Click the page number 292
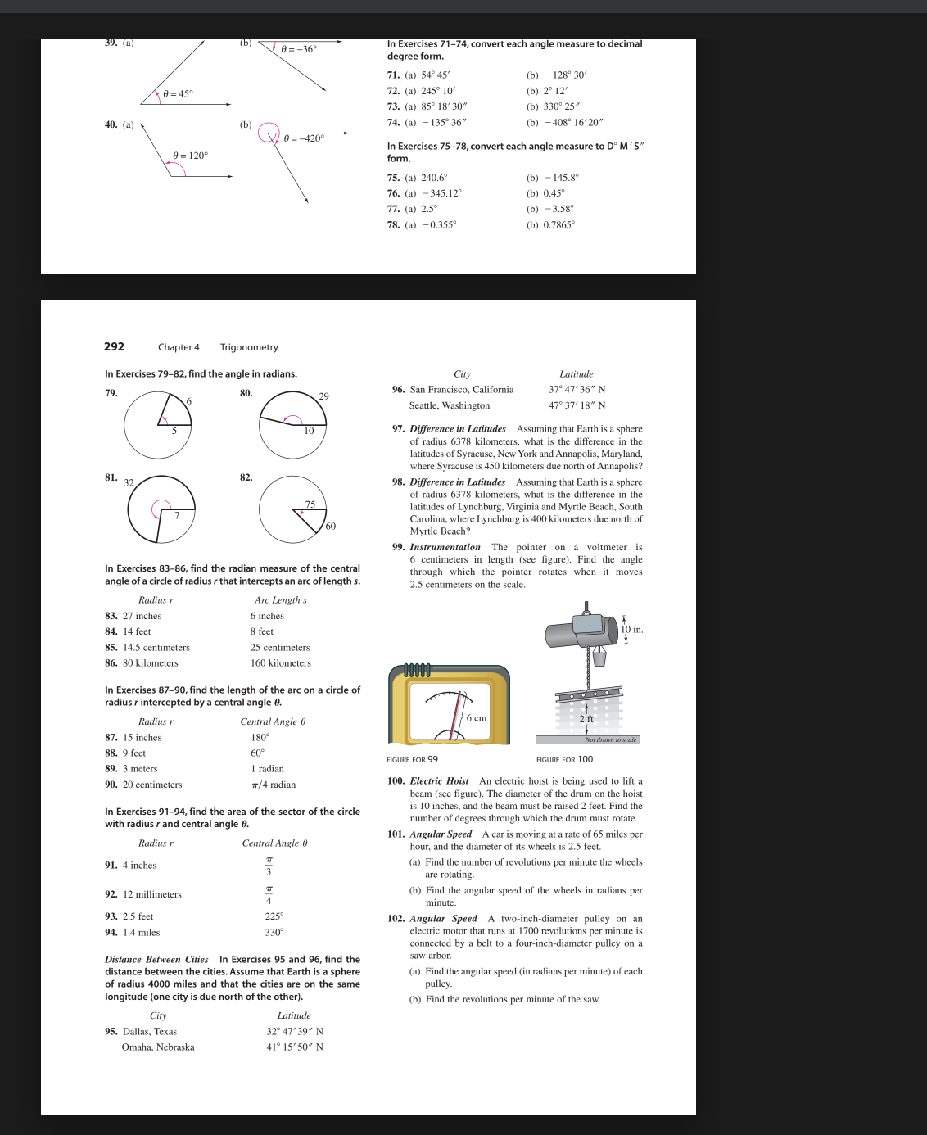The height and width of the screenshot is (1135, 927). click(114, 346)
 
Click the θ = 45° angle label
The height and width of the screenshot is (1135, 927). click(178, 93)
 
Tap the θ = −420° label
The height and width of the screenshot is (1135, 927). click(304, 138)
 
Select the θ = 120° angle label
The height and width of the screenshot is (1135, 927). click(190, 156)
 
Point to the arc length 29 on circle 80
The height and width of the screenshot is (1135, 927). click(323, 396)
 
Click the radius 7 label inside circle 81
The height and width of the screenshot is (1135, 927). click(176, 515)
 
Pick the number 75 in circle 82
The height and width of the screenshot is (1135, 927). click(310, 504)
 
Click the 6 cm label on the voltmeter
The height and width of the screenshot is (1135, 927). click(476, 718)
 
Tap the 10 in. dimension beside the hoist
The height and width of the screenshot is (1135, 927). click(632, 630)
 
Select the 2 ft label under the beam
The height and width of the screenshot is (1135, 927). click(586, 719)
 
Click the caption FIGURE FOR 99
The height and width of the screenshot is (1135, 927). click(412, 759)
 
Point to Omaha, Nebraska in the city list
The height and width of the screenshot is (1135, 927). click(158, 1047)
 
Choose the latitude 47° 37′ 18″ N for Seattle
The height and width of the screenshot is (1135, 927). click(577, 405)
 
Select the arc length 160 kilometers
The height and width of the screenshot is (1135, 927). click(280, 663)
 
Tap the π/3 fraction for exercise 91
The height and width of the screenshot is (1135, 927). click(269, 866)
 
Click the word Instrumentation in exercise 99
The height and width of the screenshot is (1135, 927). click(445, 547)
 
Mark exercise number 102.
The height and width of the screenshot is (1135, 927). click(396, 919)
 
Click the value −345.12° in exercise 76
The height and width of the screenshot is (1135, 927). click(441, 193)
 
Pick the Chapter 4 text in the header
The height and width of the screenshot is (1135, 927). click(179, 347)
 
